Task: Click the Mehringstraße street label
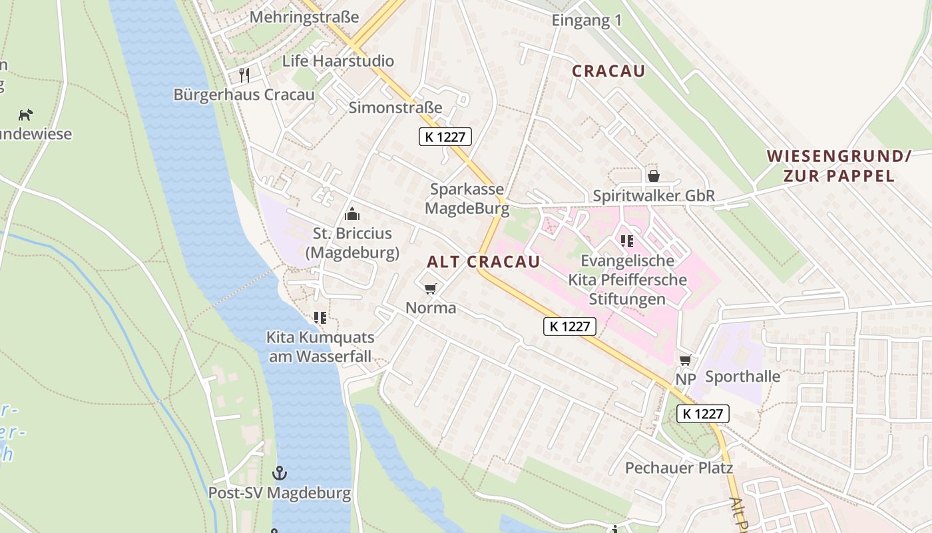tap(304, 17)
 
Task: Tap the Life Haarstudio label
tap(338, 61)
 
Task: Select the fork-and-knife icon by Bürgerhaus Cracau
tap(244, 75)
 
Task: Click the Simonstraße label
tap(395, 107)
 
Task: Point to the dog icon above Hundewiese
tap(26, 115)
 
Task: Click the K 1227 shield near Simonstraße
tap(445, 137)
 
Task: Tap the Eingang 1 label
tap(586, 21)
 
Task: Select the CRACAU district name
tap(608, 71)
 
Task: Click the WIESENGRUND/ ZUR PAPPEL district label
tap(838, 166)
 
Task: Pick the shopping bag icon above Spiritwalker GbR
tap(654, 176)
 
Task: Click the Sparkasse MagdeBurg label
tap(467, 199)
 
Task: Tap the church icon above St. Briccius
tap(352, 214)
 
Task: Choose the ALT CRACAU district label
tap(483, 262)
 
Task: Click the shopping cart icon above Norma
tap(431, 288)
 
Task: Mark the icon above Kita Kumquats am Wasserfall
tap(320, 318)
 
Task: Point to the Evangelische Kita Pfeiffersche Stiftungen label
tap(627, 279)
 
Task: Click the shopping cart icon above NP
tap(685, 360)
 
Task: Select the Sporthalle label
tap(742, 376)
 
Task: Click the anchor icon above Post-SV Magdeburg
tap(280, 474)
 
